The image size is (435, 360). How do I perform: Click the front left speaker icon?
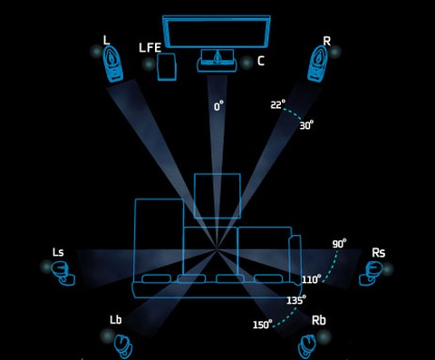tap(113, 64)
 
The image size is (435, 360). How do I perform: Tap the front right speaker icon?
tap(318, 64)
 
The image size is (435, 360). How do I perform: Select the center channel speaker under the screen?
tap(217, 61)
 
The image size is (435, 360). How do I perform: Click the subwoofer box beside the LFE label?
tap(167, 67)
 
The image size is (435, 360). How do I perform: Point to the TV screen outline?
tap(217, 32)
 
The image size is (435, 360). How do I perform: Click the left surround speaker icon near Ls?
tap(63, 273)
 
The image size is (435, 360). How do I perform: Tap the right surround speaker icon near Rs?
tap(371, 274)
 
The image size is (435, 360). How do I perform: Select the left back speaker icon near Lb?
tap(123, 346)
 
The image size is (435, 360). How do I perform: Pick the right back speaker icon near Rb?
tap(307, 346)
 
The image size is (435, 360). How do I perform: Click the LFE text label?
tap(150, 48)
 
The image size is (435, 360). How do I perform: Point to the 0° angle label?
tap(218, 106)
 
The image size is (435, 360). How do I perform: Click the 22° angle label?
tap(277, 104)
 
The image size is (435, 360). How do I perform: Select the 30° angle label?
tap(306, 125)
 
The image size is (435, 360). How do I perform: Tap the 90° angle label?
tap(339, 243)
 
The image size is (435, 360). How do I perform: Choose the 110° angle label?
tap(312, 279)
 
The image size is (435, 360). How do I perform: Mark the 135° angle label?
tap(296, 300)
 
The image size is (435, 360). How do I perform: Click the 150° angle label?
tap(262, 325)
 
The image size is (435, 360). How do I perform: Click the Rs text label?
tap(379, 253)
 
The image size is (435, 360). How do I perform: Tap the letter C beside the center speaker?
tap(261, 61)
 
